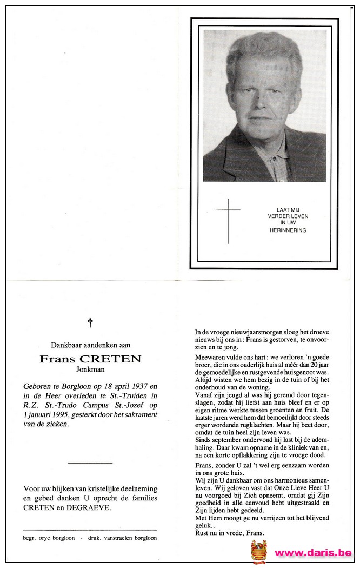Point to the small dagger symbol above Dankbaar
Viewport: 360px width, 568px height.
(90, 323)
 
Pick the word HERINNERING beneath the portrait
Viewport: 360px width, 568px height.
(288, 230)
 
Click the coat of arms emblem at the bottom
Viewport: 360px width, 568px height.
(259, 551)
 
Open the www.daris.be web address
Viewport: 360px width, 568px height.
(314, 553)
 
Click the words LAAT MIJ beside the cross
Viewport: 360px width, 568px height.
(288, 209)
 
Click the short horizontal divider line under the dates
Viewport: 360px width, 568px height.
(90, 463)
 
